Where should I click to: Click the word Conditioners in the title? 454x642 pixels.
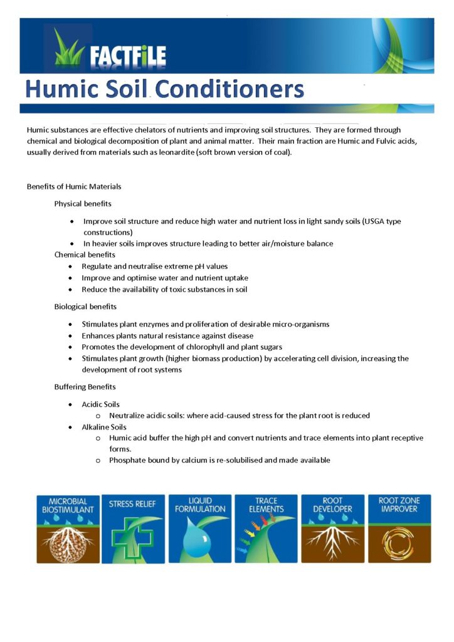coord(230,89)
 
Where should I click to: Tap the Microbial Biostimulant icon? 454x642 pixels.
coord(68,529)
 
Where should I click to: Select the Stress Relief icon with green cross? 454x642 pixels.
coord(134,529)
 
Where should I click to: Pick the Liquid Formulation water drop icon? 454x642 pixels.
coord(199,529)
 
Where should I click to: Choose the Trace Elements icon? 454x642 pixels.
coord(266,529)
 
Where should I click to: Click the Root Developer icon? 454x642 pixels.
coord(332,529)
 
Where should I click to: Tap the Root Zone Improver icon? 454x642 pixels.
coord(399,529)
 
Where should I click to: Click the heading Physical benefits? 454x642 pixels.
coord(83,204)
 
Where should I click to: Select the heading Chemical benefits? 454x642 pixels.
coord(85,255)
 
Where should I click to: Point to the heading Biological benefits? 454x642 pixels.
coord(85,307)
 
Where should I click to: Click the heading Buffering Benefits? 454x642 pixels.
coord(85,387)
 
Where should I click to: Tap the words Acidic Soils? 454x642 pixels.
coord(100,404)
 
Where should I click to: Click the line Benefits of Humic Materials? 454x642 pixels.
coord(74,186)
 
